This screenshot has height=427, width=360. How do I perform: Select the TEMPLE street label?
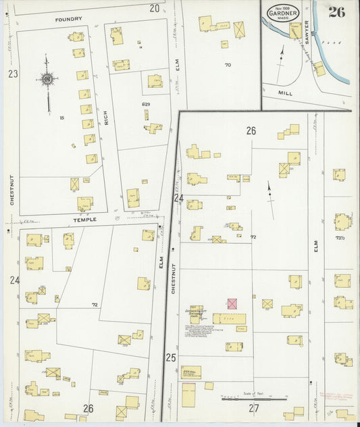click(x=85, y=220)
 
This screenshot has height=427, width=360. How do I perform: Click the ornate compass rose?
click(x=47, y=80)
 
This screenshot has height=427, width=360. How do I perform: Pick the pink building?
click(x=232, y=304)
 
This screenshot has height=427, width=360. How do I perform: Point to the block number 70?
click(x=228, y=65)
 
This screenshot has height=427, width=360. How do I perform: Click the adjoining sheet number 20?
click(x=155, y=8)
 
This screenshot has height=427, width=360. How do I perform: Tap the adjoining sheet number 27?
click(x=253, y=408)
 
